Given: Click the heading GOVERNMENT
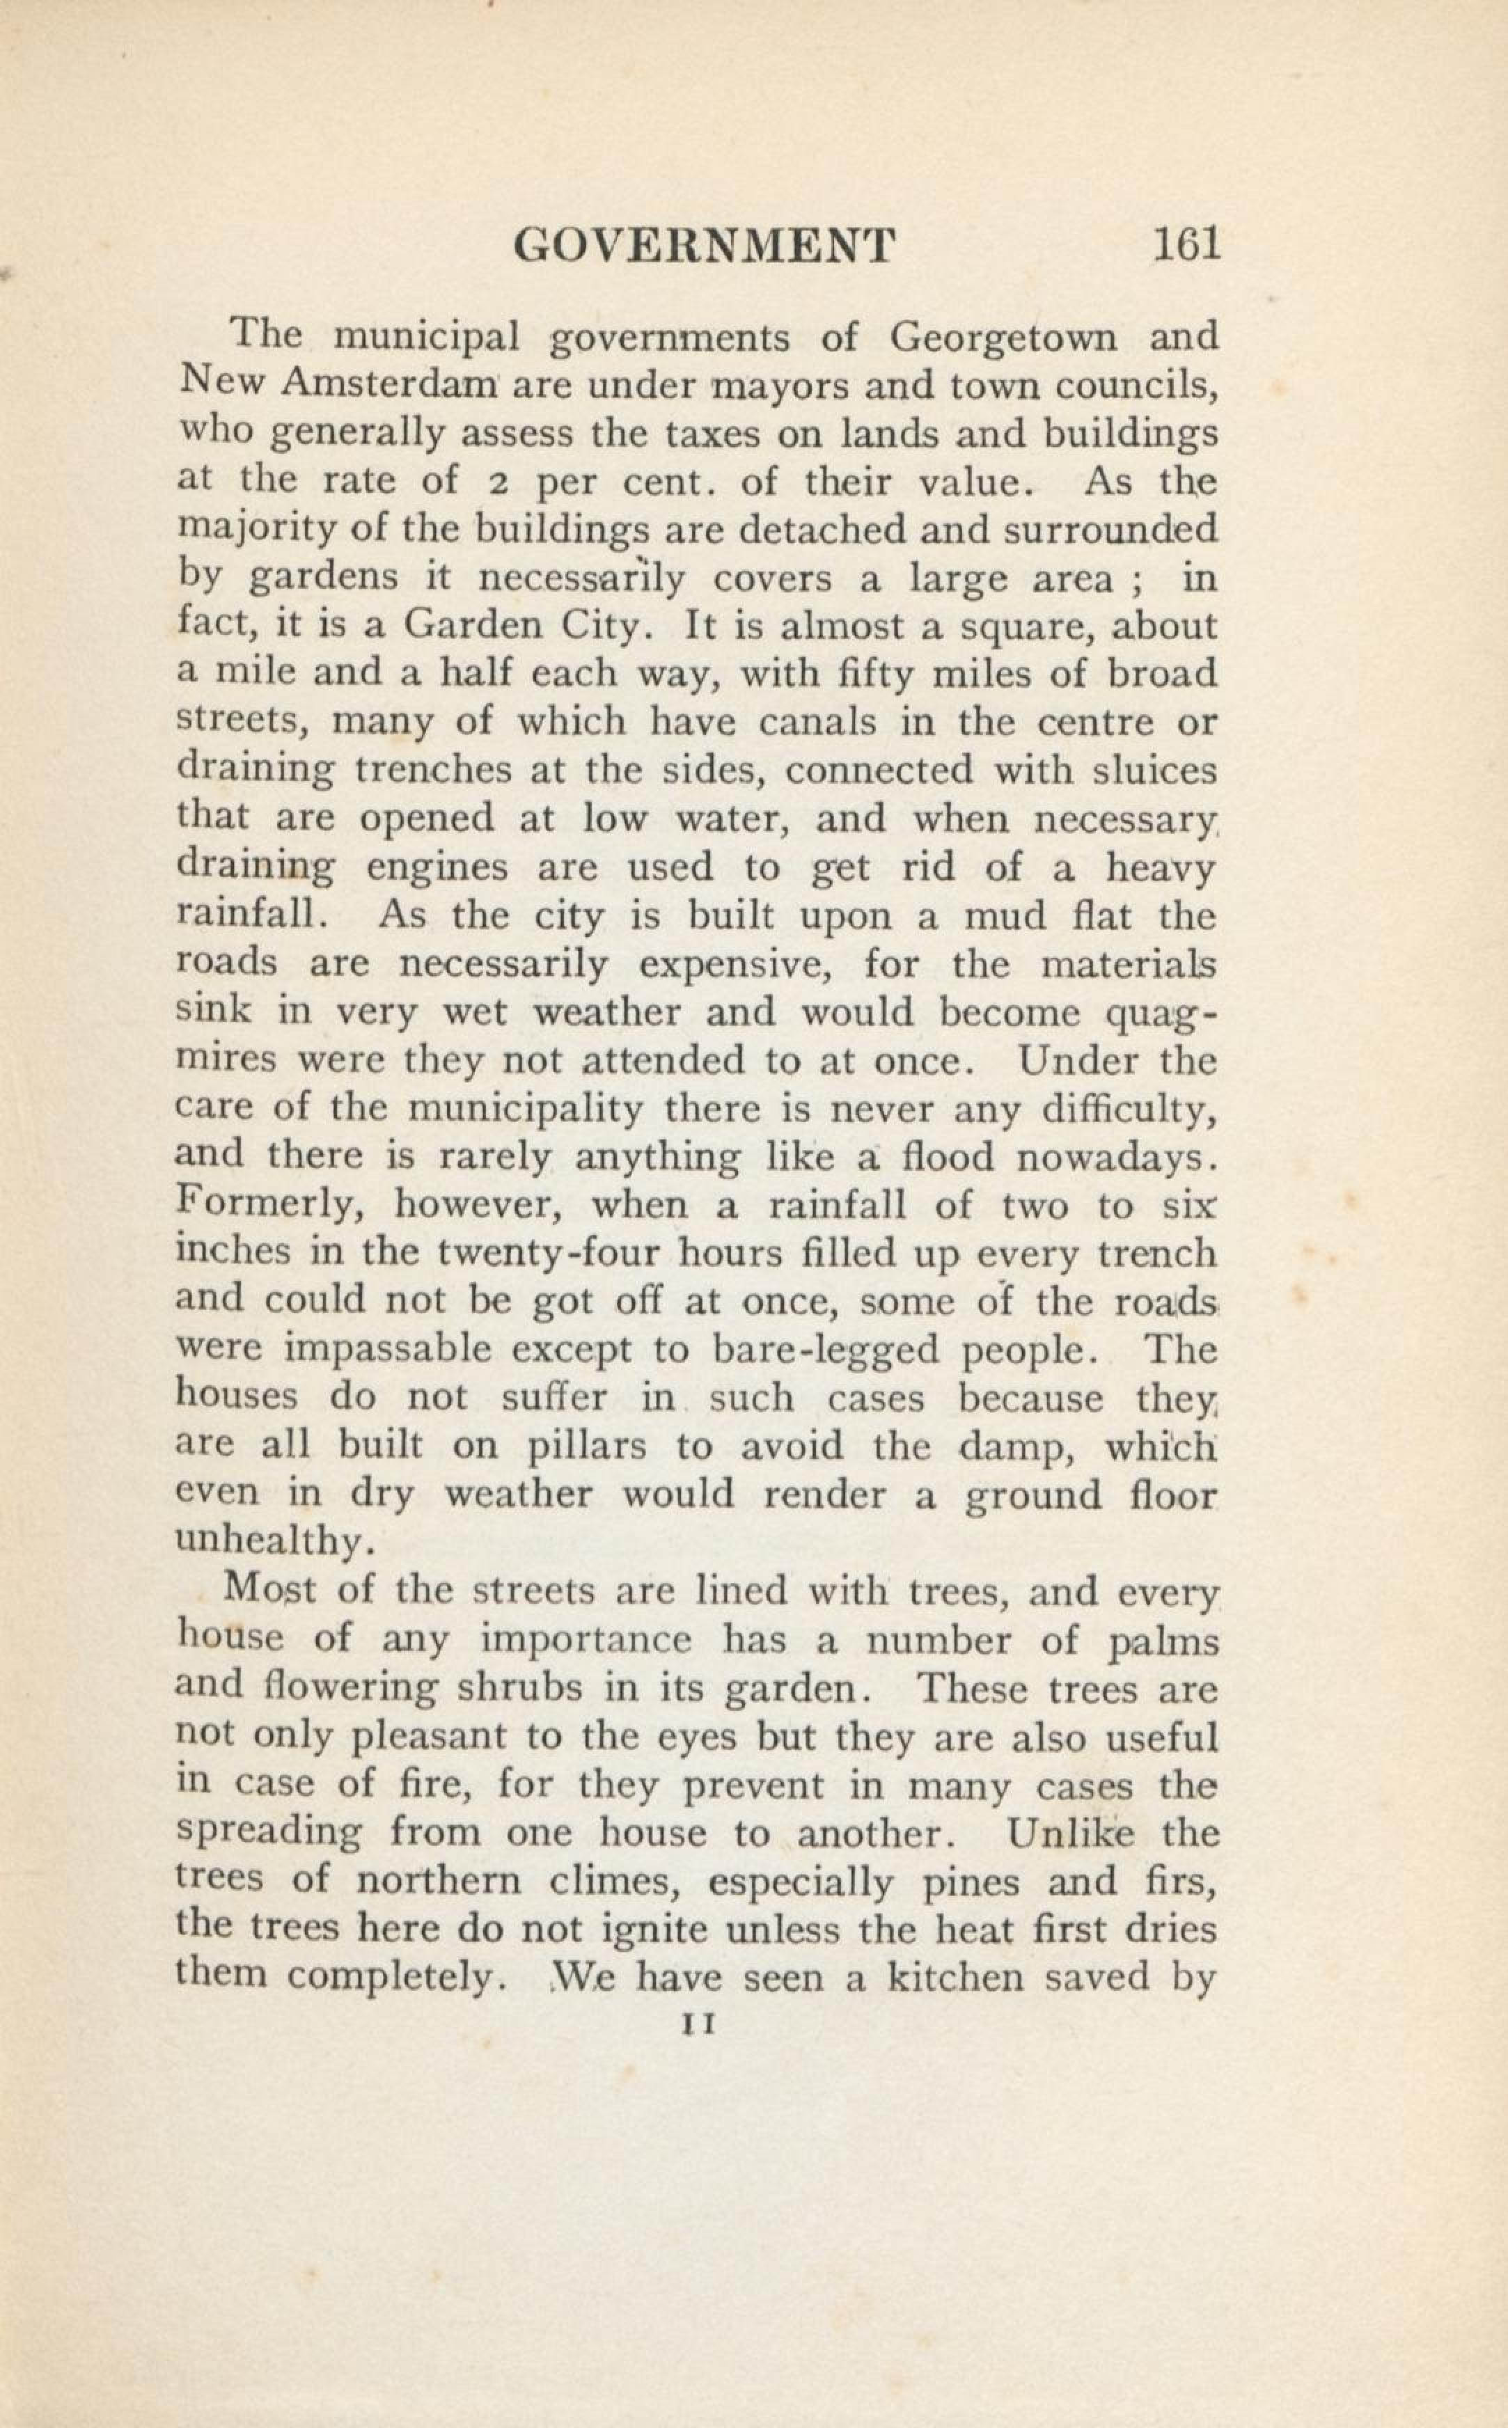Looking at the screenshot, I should coord(704,244).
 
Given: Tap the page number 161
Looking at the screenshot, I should coord(1186,244).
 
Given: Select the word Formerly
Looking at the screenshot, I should coord(267,1206).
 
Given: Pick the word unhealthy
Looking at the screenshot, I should coord(274,1543).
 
